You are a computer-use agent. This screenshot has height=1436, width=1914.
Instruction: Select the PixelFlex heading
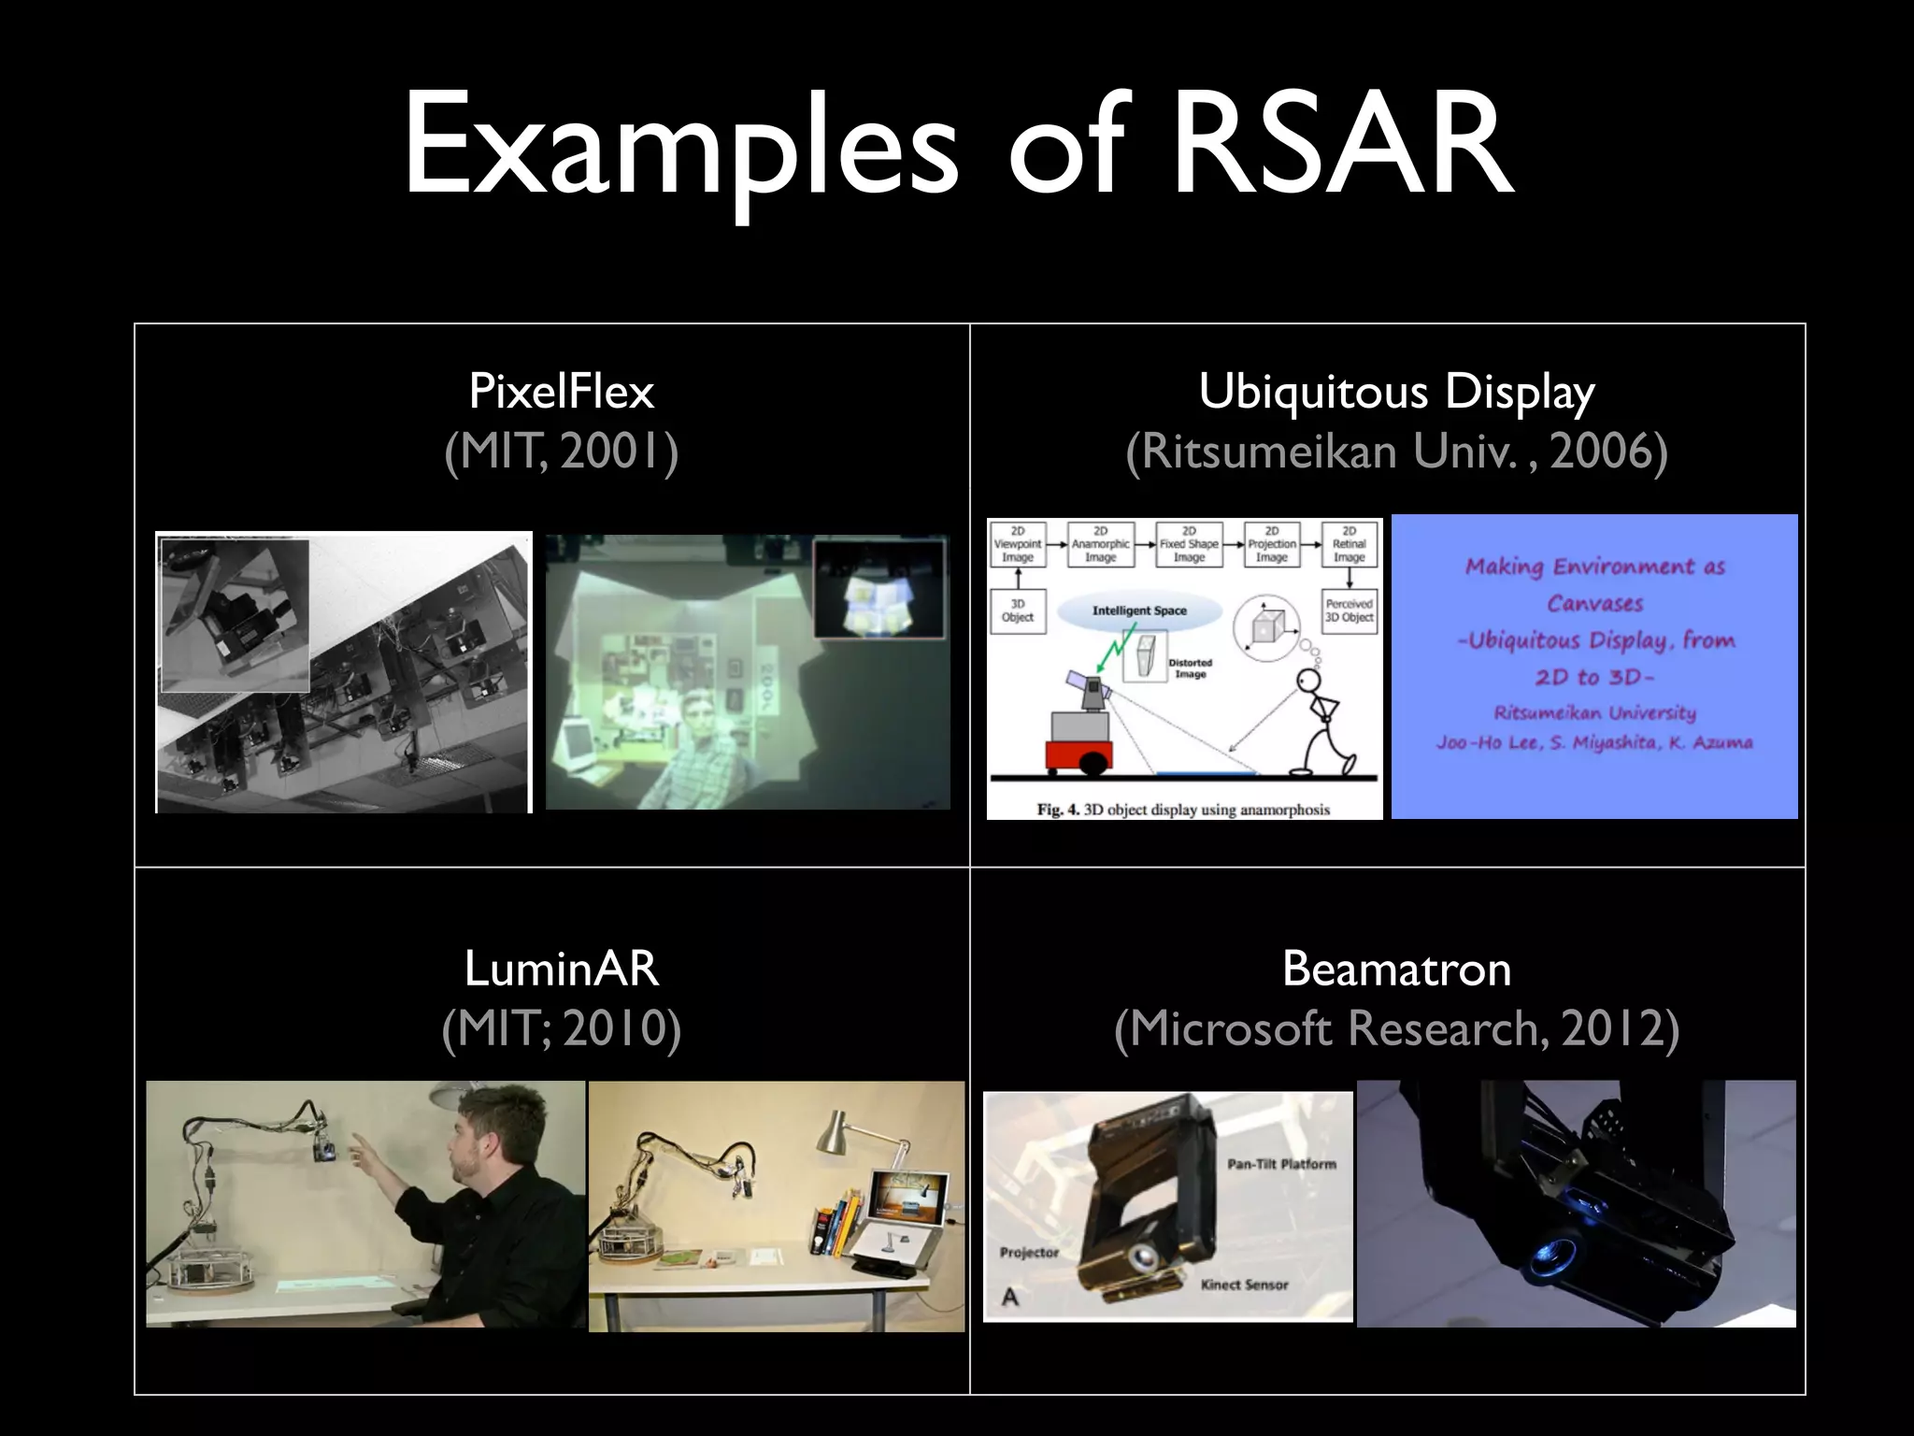click(x=561, y=391)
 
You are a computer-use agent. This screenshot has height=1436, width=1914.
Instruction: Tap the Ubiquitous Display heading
click(x=1396, y=391)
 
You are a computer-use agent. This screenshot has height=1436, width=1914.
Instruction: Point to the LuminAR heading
click(x=561, y=969)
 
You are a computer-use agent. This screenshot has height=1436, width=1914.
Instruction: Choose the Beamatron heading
click(x=1396, y=969)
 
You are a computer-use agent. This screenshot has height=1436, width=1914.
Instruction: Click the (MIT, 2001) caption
click(x=561, y=452)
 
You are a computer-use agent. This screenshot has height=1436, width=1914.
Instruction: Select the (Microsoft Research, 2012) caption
click(x=1396, y=1028)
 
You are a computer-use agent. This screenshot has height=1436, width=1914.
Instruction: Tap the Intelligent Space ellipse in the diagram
click(x=1139, y=611)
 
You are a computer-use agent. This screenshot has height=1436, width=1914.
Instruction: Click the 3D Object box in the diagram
click(x=1018, y=610)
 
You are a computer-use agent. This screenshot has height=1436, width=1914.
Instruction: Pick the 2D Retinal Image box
click(x=1349, y=544)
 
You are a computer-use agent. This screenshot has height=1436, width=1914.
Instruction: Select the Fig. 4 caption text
click(x=1183, y=810)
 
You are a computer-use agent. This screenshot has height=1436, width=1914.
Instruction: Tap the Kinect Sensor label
click(x=1244, y=1285)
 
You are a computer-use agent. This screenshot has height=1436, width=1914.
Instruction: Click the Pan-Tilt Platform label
click(x=1281, y=1164)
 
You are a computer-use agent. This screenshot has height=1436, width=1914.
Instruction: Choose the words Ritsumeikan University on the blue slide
click(x=1594, y=712)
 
